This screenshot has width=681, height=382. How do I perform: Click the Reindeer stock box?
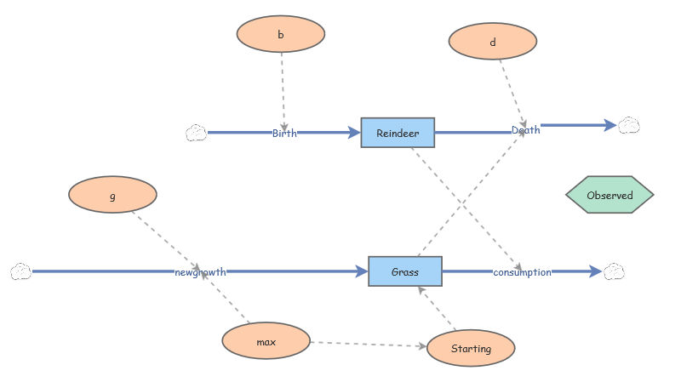pyautogui.click(x=398, y=133)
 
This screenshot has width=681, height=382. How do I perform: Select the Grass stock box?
pyautogui.click(x=404, y=271)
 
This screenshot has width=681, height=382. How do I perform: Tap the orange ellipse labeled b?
pyautogui.click(x=280, y=35)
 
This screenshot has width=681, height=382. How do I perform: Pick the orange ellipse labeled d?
pyautogui.click(x=492, y=41)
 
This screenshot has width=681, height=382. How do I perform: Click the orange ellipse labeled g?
pyautogui.click(x=112, y=195)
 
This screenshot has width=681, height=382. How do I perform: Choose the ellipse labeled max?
pyautogui.click(x=266, y=342)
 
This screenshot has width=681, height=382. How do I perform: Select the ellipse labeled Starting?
pyautogui.click(x=471, y=349)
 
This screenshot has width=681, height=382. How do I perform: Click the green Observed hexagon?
pyautogui.click(x=609, y=195)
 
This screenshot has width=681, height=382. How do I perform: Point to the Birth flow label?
pyautogui.click(x=284, y=133)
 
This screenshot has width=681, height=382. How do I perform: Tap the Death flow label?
pyautogui.click(x=525, y=130)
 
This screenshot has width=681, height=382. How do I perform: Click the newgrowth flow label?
pyautogui.click(x=200, y=272)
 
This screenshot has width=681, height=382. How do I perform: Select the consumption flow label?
pyautogui.click(x=522, y=272)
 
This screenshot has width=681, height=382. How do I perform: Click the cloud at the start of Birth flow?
pyautogui.click(x=196, y=133)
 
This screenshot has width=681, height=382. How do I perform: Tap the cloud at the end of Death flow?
pyautogui.click(x=629, y=125)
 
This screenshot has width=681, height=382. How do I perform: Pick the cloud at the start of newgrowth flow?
pyautogui.click(x=20, y=271)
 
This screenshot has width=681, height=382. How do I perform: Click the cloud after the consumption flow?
pyautogui.click(x=614, y=271)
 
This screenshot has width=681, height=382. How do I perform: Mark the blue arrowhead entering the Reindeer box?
pyautogui.click(x=355, y=133)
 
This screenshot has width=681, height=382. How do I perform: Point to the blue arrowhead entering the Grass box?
pyautogui.click(x=362, y=271)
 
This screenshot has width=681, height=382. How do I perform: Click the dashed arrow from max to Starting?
pyautogui.click(x=366, y=345)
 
